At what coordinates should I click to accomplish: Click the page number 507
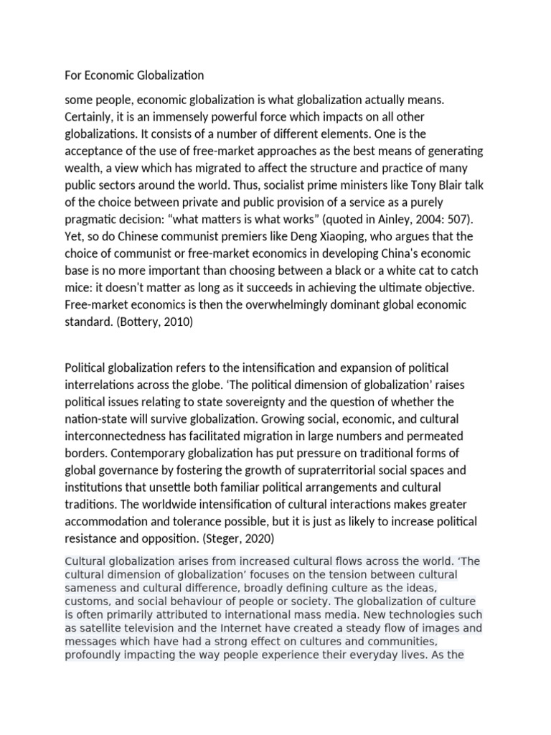pyautogui.click(x=457, y=218)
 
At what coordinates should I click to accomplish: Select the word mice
pyautogui.click(x=78, y=287)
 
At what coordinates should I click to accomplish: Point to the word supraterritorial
pyautogui.click(x=341, y=471)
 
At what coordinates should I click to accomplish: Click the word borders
pyautogui.click(x=86, y=454)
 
